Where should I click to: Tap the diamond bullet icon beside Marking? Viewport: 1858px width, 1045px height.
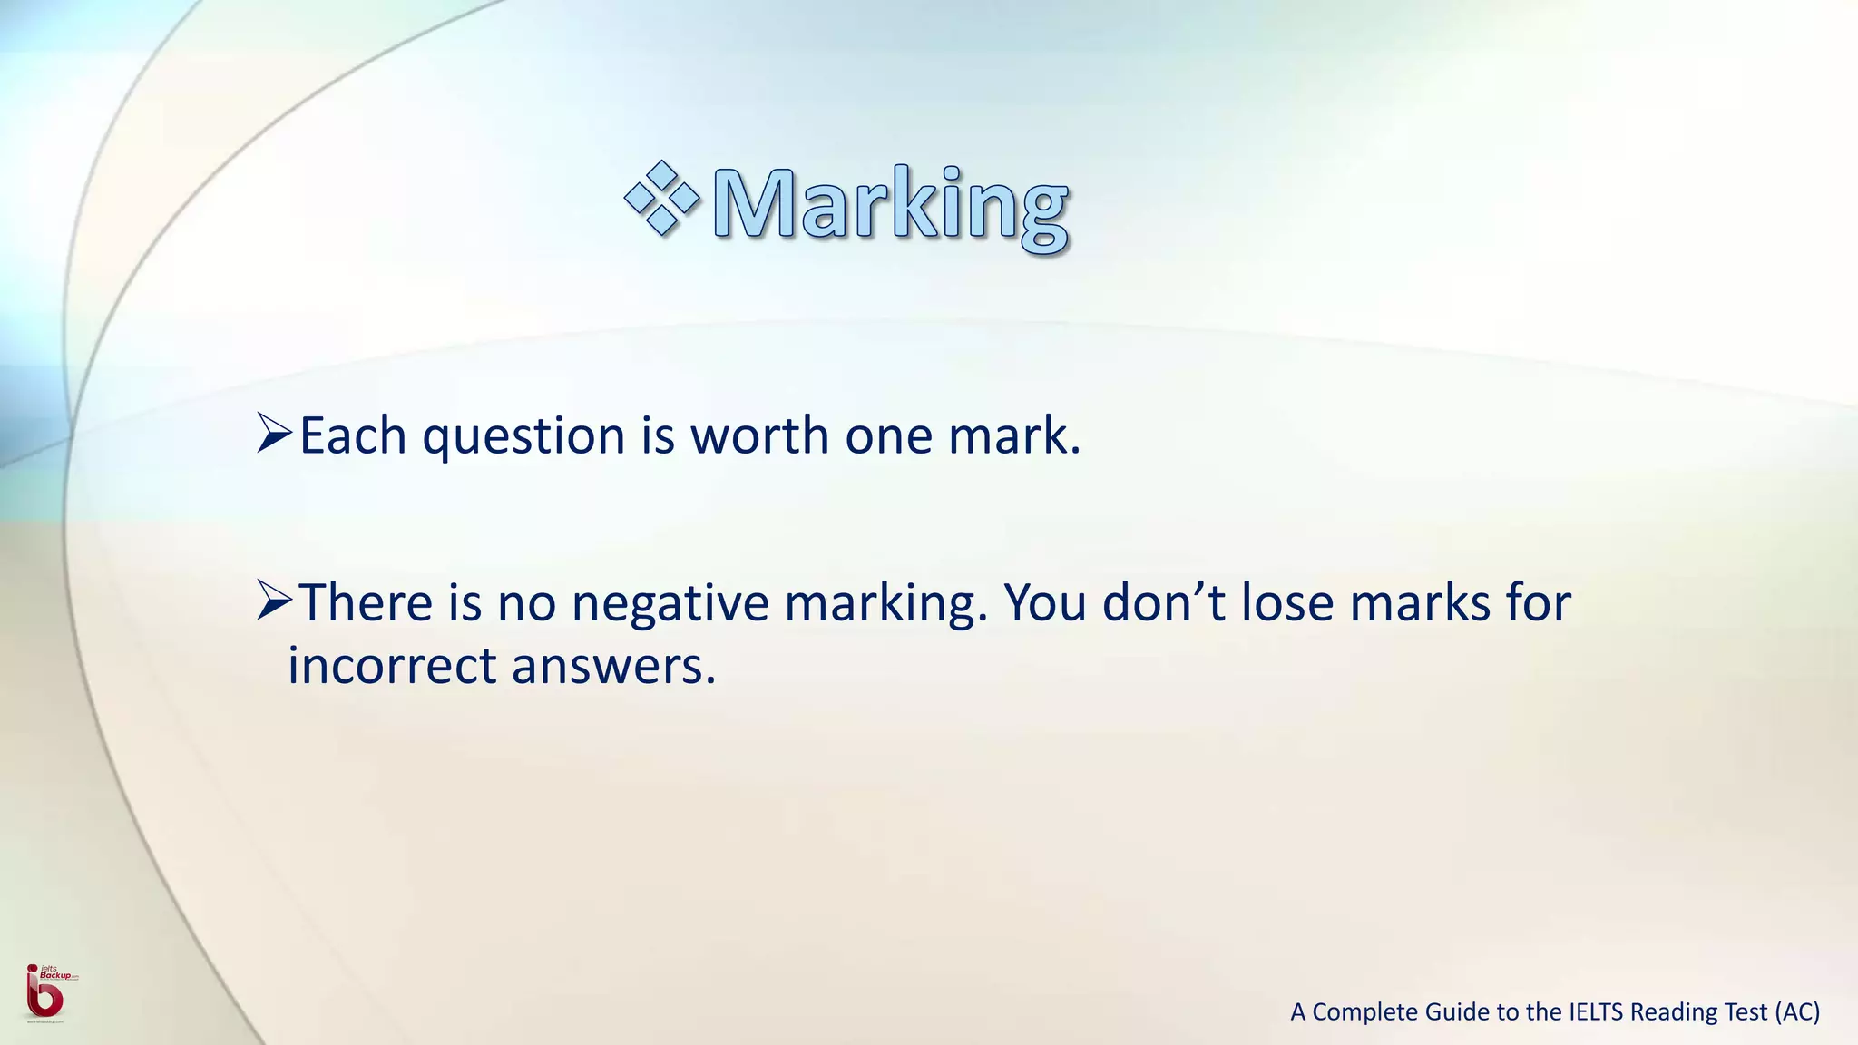pyautogui.click(x=662, y=199)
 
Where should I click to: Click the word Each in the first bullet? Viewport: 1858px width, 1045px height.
pyautogui.click(x=353, y=436)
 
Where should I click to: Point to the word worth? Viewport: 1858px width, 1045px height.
pyautogui.click(x=760, y=436)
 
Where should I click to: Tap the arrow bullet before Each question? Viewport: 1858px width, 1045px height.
pyautogui.click(x=273, y=434)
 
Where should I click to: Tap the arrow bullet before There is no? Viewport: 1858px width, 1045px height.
pyautogui.click(x=273, y=601)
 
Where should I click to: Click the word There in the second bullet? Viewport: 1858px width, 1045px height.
pyautogui.click(x=367, y=602)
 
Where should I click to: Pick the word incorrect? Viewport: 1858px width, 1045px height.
pyautogui.click(x=392, y=666)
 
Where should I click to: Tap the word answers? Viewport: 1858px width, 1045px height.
pyautogui.click(x=614, y=668)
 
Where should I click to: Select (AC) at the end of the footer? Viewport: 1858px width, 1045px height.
pyautogui.click(x=1797, y=1012)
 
